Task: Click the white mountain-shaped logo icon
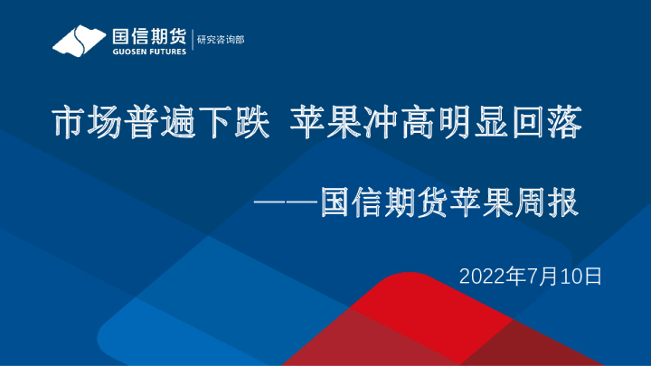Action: (x=78, y=41)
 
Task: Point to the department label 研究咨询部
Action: (x=220, y=40)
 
